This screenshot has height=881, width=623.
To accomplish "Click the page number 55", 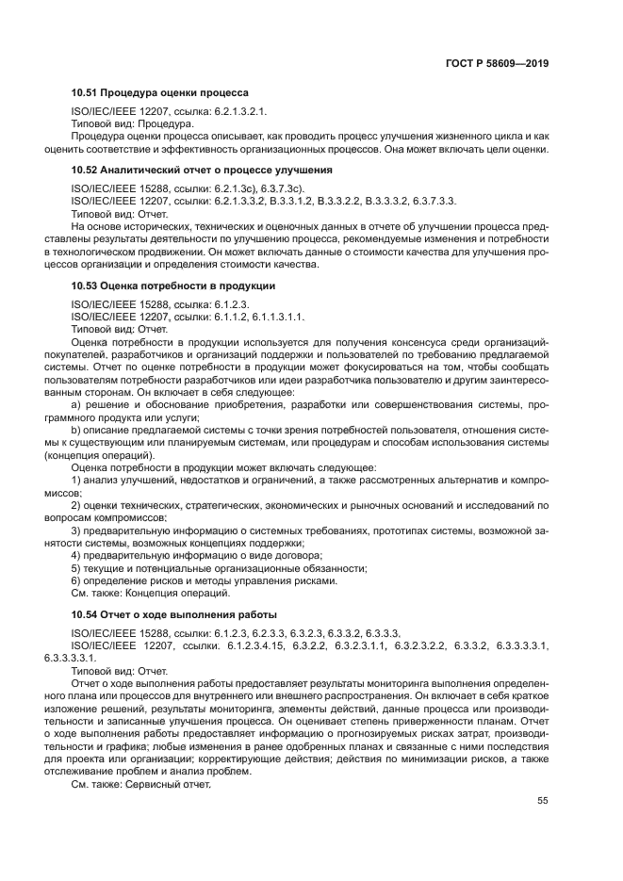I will [543, 802].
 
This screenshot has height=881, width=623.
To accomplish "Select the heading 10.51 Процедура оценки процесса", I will [160, 93].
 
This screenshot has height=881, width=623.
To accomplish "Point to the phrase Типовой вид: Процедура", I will [133, 123].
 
